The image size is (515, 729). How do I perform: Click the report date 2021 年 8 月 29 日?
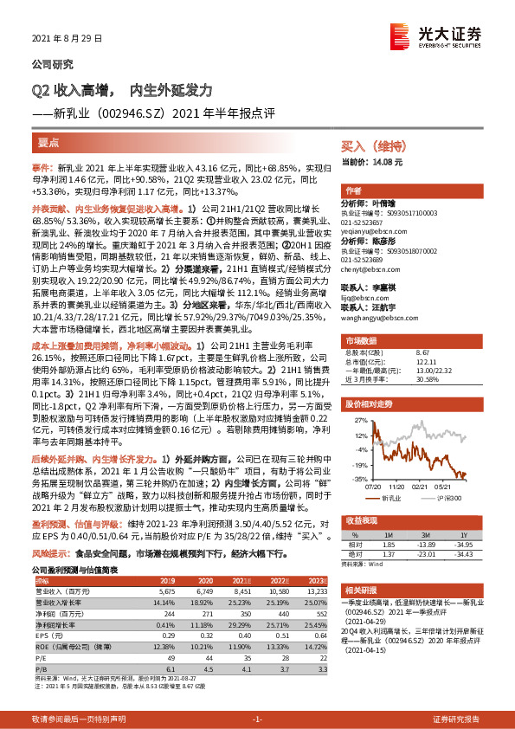(x=61, y=39)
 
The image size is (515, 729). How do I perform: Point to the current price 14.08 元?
(x=373, y=162)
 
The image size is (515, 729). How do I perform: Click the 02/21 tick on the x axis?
(x=422, y=487)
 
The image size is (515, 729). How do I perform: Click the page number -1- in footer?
(x=256, y=719)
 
